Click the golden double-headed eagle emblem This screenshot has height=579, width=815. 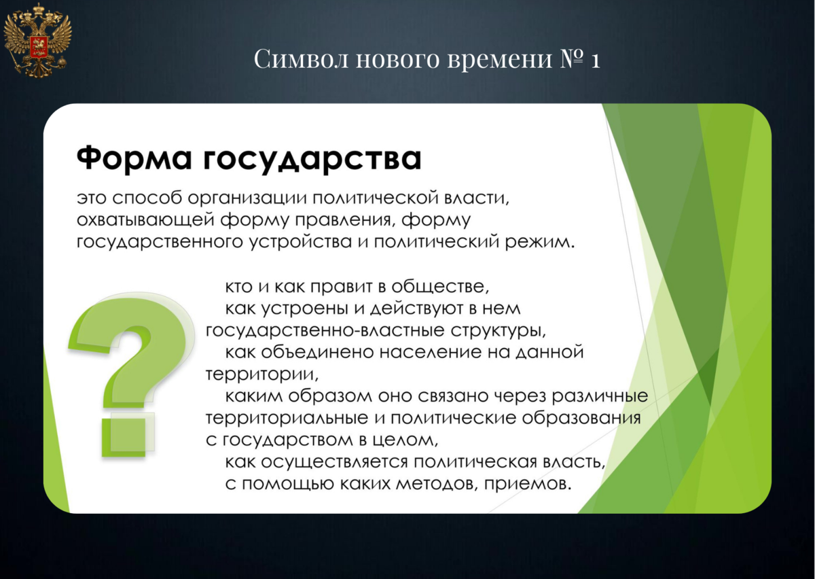(x=38, y=40)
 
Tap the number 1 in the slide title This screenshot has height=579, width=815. (x=595, y=60)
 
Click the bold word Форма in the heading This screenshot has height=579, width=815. (x=134, y=158)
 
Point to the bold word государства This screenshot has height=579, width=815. (x=312, y=160)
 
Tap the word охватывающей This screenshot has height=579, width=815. (x=145, y=221)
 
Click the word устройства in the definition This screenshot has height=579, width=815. (x=300, y=243)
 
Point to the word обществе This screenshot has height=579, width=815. (x=440, y=287)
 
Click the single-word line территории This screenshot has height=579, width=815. (x=262, y=374)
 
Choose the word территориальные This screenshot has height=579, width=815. (x=287, y=419)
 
